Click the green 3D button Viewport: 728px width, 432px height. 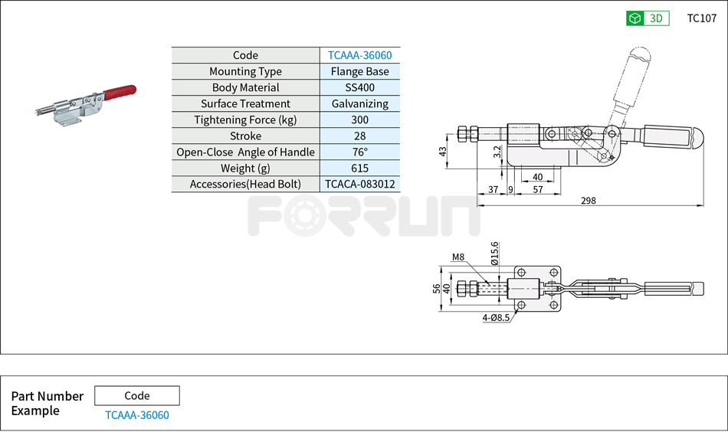(x=647, y=18)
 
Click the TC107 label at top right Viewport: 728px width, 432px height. (x=701, y=18)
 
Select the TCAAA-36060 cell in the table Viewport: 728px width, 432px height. (x=359, y=55)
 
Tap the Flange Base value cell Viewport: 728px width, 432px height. (x=359, y=71)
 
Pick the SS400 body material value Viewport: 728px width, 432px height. (x=359, y=87)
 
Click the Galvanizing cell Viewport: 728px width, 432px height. (x=359, y=103)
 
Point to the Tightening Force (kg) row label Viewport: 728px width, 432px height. (x=245, y=119)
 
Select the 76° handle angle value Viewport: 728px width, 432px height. (x=359, y=152)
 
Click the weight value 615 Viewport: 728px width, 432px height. (x=359, y=168)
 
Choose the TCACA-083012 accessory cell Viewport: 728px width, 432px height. (x=359, y=184)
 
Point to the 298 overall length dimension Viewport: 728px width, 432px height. (x=589, y=201)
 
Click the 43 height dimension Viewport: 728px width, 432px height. (x=443, y=152)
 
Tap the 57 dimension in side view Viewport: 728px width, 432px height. (x=537, y=189)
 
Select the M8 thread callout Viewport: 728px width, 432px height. (x=458, y=257)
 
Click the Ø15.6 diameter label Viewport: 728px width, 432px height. (x=495, y=253)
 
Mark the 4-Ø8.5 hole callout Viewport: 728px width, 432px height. (x=497, y=316)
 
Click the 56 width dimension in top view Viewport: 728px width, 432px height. (x=437, y=289)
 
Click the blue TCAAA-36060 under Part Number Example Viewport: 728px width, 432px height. (x=136, y=415)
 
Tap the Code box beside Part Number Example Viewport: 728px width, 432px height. (x=136, y=396)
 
